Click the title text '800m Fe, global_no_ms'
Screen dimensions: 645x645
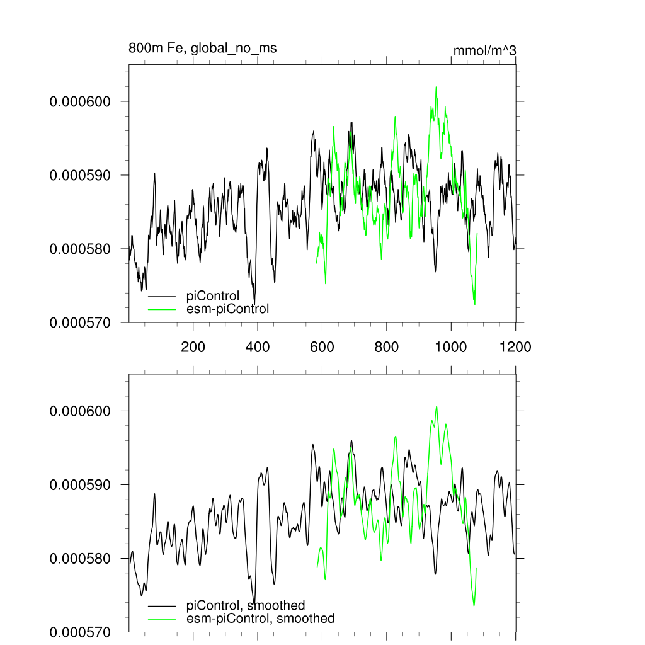pyautogui.click(x=202, y=48)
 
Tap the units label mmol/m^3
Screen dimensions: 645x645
pyautogui.click(x=484, y=51)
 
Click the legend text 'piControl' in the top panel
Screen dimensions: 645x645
pyautogui.click(x=213, y=296)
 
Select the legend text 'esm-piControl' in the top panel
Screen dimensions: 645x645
pyautogui.click(x=228, y=309)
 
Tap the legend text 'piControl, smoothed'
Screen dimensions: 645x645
pyautogui.click(x=246, y=606)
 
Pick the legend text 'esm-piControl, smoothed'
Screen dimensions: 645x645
pyautogui.click(x=261, y=619)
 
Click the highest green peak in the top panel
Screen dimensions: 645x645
pyautogui.click(x=435, y=88)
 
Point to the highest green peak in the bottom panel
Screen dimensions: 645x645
pyautogui.click(x=436, y=407)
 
